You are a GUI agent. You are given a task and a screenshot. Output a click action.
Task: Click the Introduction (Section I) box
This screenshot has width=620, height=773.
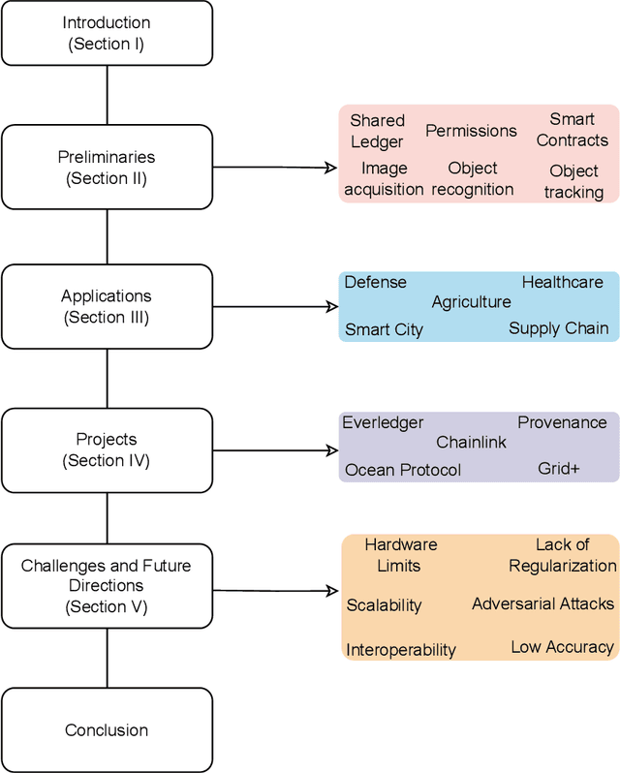click(106, 33)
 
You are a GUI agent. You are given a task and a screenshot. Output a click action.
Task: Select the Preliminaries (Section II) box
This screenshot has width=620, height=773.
click(106, 168)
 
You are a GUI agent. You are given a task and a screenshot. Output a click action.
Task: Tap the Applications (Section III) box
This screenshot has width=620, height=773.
click(106, 307)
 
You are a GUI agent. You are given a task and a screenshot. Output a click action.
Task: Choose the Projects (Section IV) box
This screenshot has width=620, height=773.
click(106, 450)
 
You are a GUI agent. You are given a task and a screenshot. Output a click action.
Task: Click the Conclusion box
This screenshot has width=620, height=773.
click(106, 730)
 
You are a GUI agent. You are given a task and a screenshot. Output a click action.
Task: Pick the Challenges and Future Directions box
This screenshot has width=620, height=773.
click(106, 586)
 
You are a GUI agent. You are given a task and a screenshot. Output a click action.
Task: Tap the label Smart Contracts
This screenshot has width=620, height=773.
click(572, 130)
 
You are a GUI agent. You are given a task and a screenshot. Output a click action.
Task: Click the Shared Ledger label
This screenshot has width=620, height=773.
click(377, 132)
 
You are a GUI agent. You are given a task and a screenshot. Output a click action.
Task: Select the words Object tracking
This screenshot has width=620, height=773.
click(573, 181)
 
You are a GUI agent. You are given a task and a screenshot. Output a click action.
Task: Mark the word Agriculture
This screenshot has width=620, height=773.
click(471, 302)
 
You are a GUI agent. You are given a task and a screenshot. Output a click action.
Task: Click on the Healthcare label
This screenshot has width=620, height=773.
click(562, 282)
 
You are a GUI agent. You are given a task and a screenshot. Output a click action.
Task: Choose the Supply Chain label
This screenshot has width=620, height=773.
click(558, 328)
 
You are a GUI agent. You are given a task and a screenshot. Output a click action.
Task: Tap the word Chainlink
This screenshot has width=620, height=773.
click(471, 443)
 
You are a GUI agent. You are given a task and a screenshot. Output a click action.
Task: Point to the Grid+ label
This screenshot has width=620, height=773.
click(558, 469)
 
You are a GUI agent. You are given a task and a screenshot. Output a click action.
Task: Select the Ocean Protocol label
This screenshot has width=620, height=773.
click(403, 470)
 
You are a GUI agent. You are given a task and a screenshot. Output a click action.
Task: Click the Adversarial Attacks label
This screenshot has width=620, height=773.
click(542, 603)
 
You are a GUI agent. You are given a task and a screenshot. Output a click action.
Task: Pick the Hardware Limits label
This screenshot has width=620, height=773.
click(400, 554)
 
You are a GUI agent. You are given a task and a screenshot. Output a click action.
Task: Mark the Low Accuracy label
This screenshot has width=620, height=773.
click(562, 646)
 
